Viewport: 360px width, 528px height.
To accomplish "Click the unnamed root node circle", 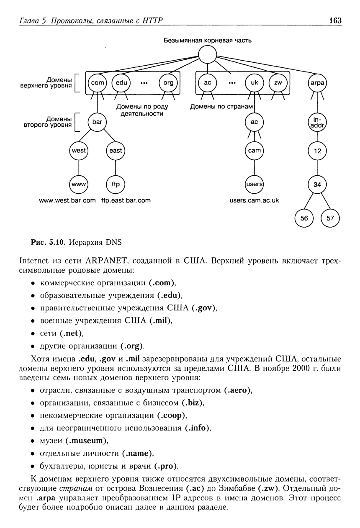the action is coord(207,54).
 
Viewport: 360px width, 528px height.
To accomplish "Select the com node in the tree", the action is coord(97,83).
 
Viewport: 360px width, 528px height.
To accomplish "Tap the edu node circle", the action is coord(121,83).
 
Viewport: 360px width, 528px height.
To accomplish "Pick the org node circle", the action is coord(168,83).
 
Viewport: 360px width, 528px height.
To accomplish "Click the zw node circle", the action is coord(278,83).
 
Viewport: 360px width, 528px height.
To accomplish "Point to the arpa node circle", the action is coord(317,83).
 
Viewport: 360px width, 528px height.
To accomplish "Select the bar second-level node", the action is coord(97,122).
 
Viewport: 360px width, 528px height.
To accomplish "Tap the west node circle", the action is coord(79,151).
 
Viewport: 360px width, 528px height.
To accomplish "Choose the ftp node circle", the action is coord(116,185).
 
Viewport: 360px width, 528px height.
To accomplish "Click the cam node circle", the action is coord(255,151).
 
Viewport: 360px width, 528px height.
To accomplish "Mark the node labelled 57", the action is coord(330,218).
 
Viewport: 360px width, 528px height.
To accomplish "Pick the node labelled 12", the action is coord(317,151).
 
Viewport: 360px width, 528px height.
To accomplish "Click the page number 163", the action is coord(335,21).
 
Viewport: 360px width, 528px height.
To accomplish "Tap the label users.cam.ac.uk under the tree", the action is coord(255,200).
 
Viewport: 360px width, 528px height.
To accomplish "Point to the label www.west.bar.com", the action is coord(67,200).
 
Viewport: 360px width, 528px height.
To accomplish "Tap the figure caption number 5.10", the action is coord(57,242).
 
